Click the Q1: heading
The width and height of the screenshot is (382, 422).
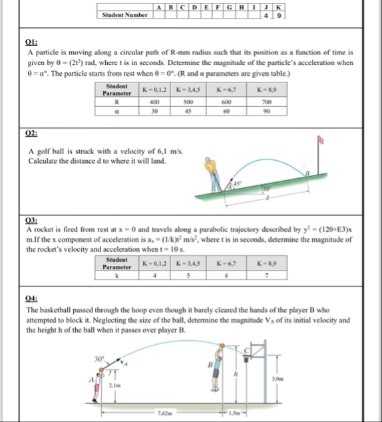click(31, 42)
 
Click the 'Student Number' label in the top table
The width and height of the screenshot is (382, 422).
click(124, 14)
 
